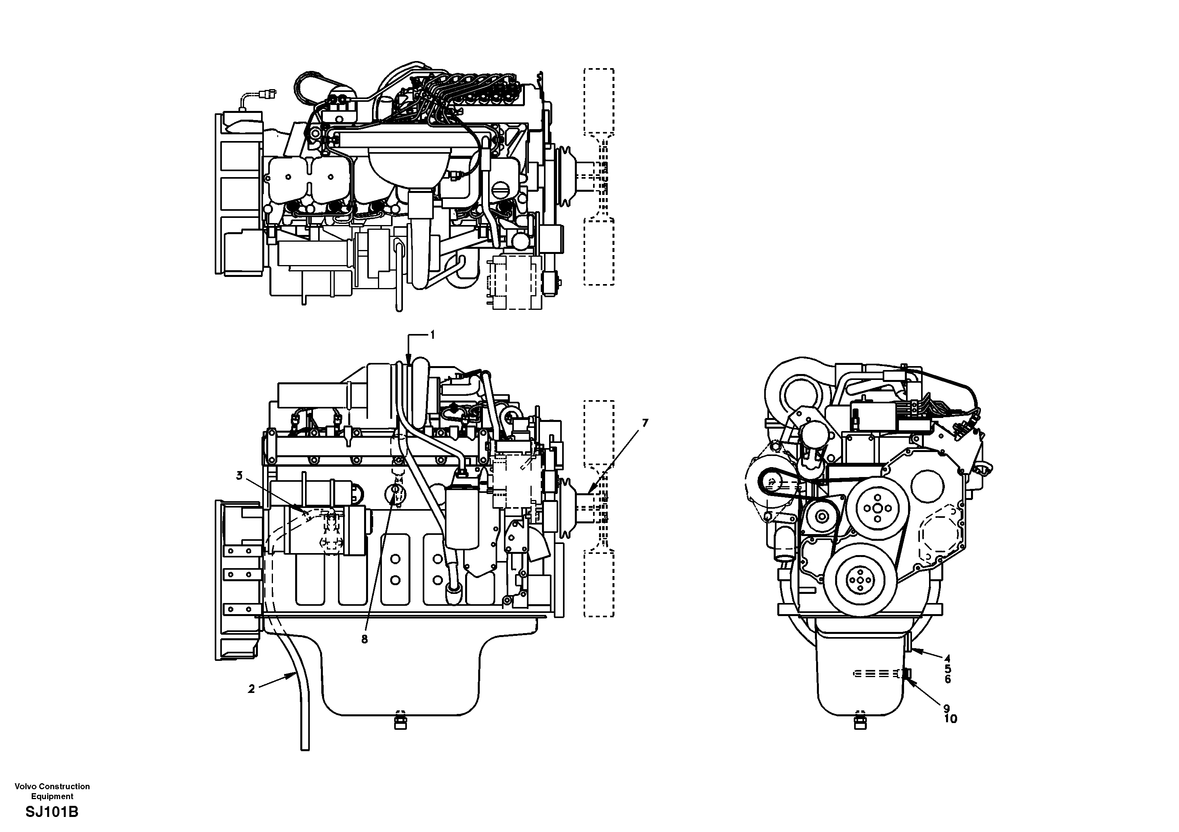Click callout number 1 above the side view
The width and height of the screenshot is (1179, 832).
[432, 335]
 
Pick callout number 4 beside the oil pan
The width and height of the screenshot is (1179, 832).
[947, 658]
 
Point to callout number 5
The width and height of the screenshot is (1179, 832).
[947, 669]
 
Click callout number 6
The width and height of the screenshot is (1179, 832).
[947, 679]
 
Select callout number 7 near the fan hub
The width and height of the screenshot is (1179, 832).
[645, 423]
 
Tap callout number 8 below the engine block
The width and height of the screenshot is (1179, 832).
[364, 640]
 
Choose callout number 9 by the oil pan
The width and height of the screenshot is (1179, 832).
[946, 708]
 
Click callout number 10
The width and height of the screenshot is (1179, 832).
[950, 719]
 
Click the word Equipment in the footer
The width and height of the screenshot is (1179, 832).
[52, 797]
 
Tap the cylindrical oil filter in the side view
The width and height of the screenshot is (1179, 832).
[463, 519]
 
